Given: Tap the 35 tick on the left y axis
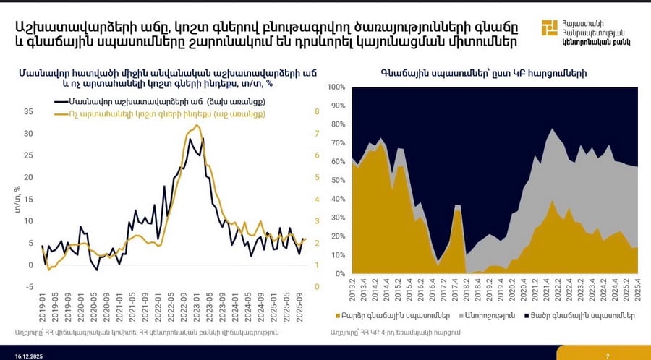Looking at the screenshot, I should click(x=29, y=112).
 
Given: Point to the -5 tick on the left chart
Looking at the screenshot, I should click(x=29, y=287).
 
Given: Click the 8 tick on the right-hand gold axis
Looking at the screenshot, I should click(x=316, y=112).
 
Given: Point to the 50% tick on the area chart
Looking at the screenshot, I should click(x=338, y=180).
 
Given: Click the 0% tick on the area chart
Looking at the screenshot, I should click(x=340, y=274).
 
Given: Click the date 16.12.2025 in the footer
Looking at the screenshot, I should click(x=27, y=353).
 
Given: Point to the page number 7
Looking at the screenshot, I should click(x=607, y=353).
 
